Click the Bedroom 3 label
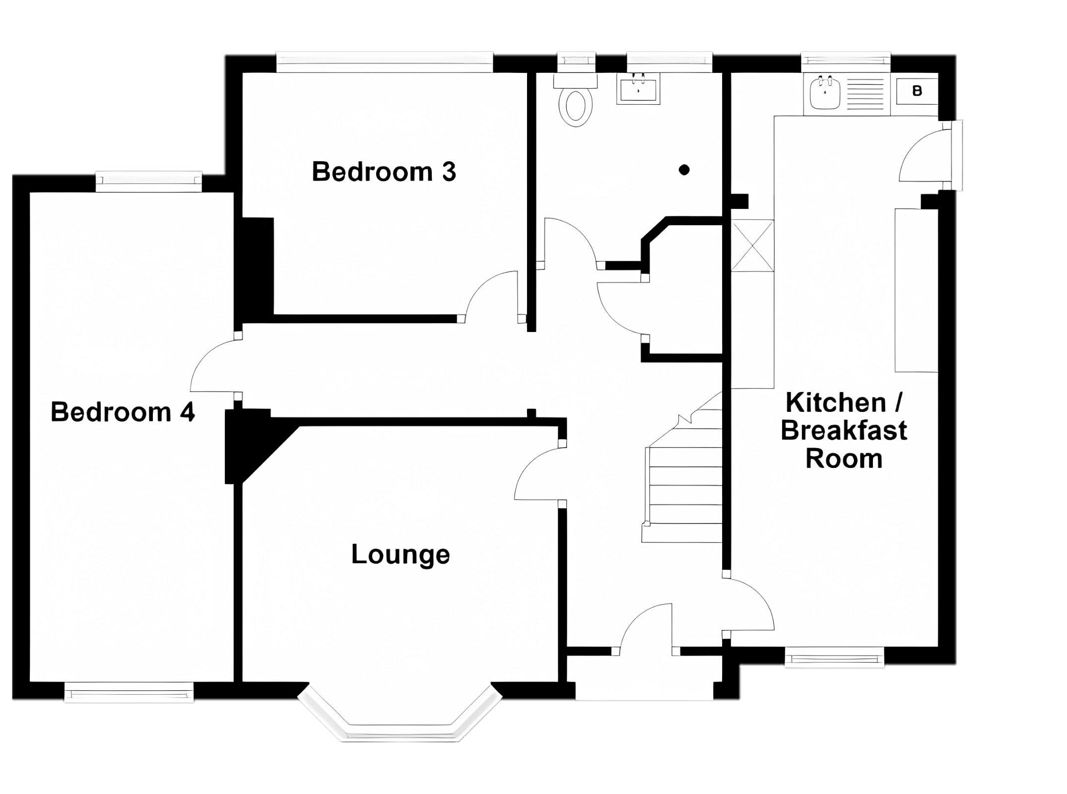(x=384, y=172)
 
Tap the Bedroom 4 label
(x=123, y=412)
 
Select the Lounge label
(x=400, y=555)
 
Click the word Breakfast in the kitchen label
(x=844, y=430)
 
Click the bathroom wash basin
(x=638, y=89)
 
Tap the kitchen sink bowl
(x=825, y=92)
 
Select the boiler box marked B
(x=917, y=91)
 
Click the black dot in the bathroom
(x=684, y=170)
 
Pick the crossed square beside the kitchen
(x=752, y=246)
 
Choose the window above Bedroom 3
(x=385, y=62)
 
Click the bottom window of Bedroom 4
(x=129, y=692)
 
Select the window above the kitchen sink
(x=846, y=61)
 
